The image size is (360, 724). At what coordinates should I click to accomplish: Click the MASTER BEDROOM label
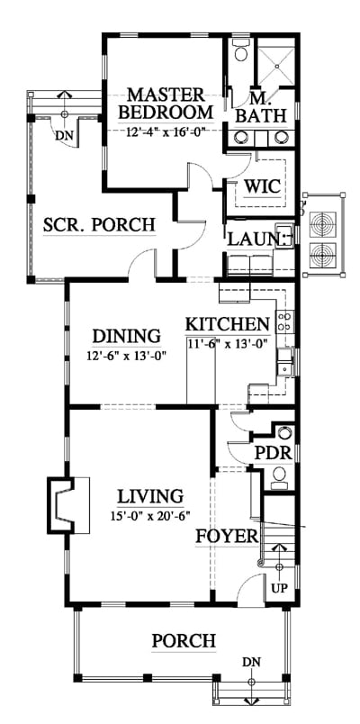(x=166, y=104)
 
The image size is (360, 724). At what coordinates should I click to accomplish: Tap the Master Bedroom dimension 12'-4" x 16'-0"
(x=166, y=131)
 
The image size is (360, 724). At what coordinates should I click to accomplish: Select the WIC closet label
(x=262, y=187)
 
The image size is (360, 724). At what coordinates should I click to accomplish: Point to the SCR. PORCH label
(x=99, y=225)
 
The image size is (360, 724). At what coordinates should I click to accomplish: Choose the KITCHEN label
(x=227, y=324)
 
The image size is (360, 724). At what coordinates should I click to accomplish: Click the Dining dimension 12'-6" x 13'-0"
(x=126, y=356)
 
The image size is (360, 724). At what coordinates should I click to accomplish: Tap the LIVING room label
(x=150, y=497)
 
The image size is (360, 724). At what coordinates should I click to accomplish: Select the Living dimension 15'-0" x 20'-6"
(x=150, y=515)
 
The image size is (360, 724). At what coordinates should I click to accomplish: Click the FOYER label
(x=227, y=537)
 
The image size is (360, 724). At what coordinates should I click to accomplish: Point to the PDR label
(x=274, y=454)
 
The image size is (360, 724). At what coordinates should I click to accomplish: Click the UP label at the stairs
(x=279, y=588)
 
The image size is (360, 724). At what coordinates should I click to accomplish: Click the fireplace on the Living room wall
(x=68, y=505)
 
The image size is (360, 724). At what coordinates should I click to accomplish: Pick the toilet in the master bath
(x=240, y=50)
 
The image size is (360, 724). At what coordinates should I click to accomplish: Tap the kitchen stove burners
(x=284, y=321)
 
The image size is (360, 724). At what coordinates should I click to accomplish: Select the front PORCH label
(x=184, y=641)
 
